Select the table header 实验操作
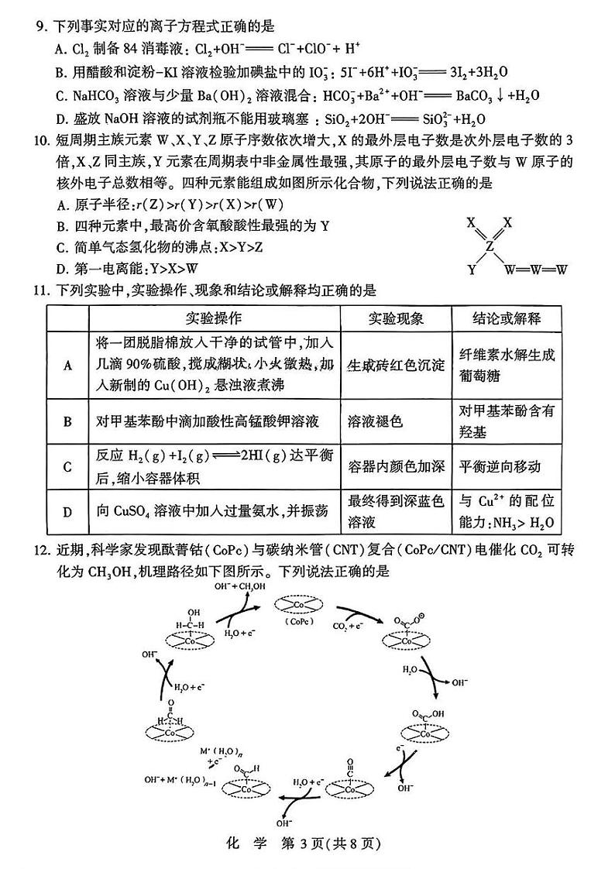(213, 319)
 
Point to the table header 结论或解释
(507, 319)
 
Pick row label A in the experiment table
(67, 365)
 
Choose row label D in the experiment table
(67, 512)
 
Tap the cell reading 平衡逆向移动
(500, 466)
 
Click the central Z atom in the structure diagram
(489, 246)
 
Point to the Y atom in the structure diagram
(471, 270)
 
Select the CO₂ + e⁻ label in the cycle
(346, 626)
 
